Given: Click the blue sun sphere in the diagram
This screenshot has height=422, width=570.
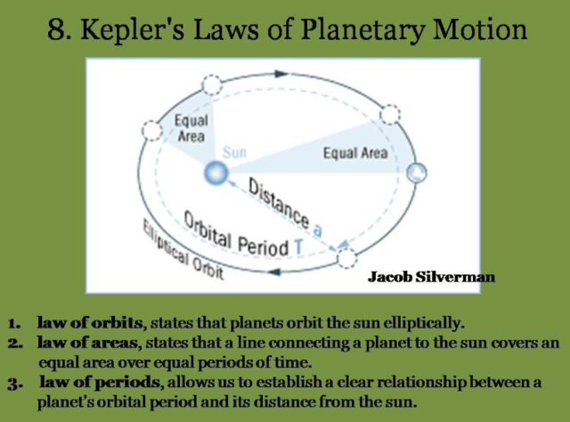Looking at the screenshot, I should [214, 173].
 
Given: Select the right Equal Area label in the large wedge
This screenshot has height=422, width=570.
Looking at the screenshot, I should [354, 153].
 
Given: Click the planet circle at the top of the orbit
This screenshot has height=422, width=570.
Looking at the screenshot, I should [212, 85].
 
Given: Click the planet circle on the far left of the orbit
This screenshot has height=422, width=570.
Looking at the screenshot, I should [152, 132].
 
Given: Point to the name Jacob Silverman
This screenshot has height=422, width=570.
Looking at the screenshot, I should [431, 277].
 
